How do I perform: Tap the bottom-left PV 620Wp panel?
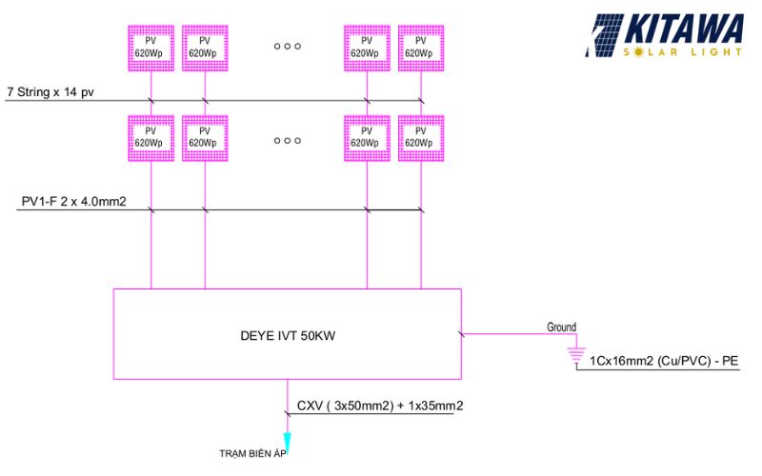tap(150, 137)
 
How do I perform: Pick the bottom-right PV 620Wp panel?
tap(420, 137)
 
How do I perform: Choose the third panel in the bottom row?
tap(367, 137)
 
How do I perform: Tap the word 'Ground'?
tap(561, 327)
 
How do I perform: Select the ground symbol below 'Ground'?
tap(575, 355)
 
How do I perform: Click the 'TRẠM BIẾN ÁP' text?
tap(251, 452)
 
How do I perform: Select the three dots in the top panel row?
tap(287, 45)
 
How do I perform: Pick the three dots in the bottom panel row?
tap(287, 139)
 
